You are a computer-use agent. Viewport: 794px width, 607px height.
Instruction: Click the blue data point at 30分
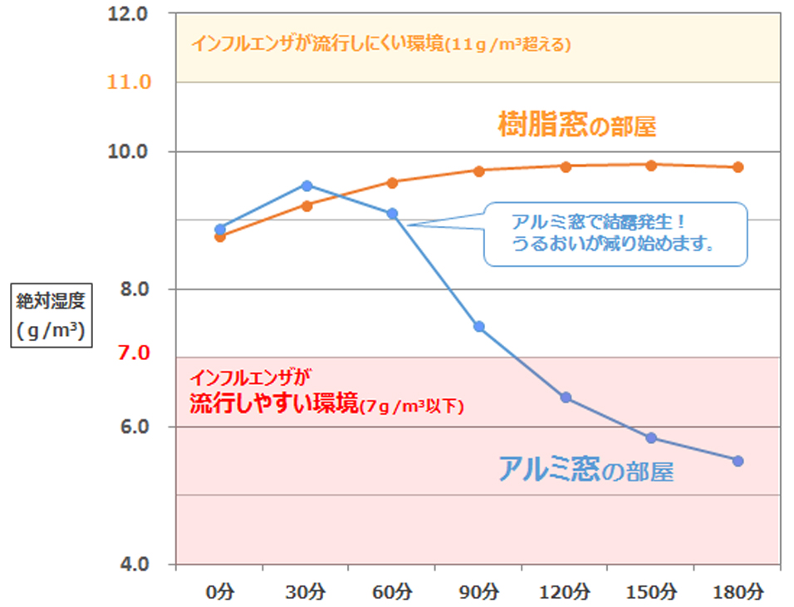coord(306,185)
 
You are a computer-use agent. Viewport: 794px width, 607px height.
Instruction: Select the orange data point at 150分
coord(651,165)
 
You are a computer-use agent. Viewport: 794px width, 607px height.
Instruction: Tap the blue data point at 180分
coord(738,461)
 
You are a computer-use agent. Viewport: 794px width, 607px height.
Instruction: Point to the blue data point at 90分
coord(479,327)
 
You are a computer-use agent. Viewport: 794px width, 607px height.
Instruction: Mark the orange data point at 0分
coord(220,237)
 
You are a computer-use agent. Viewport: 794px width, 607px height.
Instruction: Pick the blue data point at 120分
coord(566,397)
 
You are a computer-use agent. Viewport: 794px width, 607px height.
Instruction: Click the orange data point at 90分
coord(479,170)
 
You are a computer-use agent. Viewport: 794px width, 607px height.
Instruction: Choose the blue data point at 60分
coord(393,214)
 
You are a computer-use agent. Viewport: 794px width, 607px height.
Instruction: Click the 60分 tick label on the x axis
coord(392,592)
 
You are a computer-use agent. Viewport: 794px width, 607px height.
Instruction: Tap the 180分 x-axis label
coord(738,592)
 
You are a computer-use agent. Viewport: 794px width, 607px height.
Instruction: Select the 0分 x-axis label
coord(220,592)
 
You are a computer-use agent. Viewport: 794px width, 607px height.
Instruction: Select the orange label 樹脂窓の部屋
coord(577,125)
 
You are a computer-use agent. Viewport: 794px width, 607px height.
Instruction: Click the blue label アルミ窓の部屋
coord(586,471)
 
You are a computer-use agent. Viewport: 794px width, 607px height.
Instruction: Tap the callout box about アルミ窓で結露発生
coord(615,234)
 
